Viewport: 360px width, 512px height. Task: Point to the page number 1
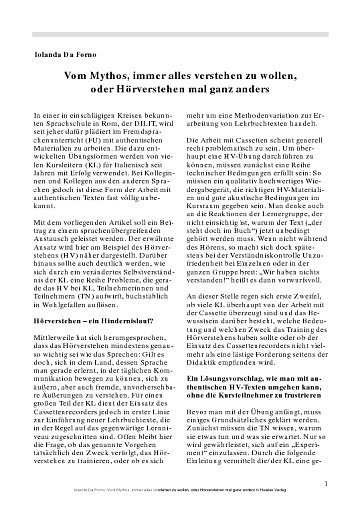pyautogui.click(x=326, y=487)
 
